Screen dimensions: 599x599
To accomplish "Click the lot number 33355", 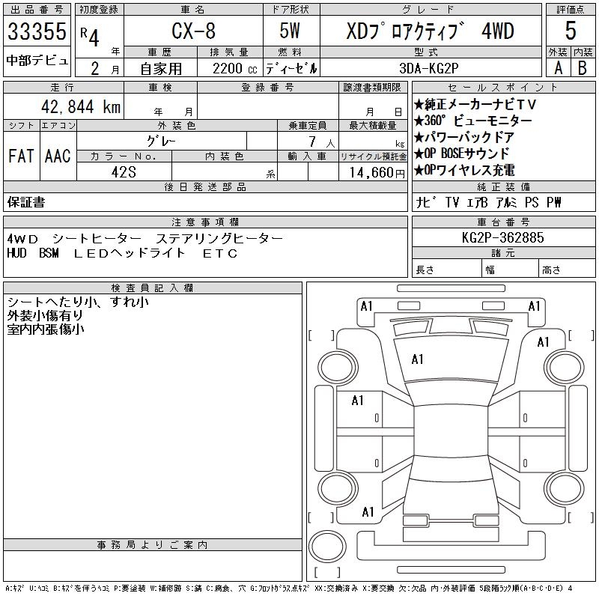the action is pyautogui.click(x=37, y=31).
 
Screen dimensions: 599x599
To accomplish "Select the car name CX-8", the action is pyautogui.click(x=193, y=31).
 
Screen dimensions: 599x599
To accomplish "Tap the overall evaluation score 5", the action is pyautogui.click(x=571, y=31).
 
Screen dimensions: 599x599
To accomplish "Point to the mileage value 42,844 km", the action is pyautogui.click(x=81, y=106).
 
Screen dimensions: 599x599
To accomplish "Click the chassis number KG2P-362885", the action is pyautogui.click(x=502, y=237).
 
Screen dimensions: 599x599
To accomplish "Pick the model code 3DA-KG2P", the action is pyautogui.click(x=428, y=68).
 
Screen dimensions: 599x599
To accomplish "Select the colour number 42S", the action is pyautogui.click(x=124, y=172).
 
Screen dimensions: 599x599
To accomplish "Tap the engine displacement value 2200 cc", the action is pyautogui.click(x=234, y=69).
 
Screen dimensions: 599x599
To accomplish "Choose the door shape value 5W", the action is pyautogui.click(x=290, y=31).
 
